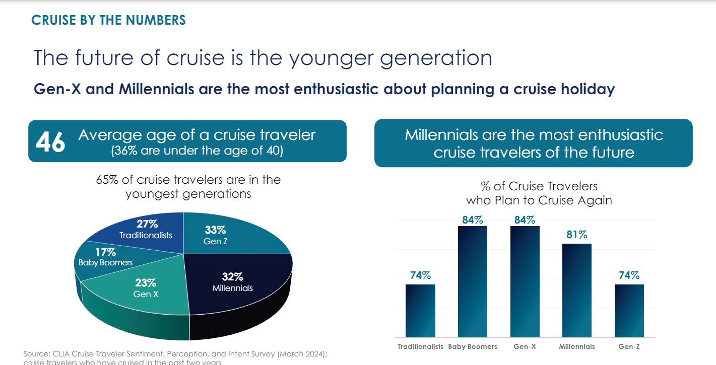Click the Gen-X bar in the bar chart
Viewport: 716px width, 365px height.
[x=525, y=282]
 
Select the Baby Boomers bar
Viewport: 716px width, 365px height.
[x=472, y=282]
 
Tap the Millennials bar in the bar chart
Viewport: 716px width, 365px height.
[x=576, y=290]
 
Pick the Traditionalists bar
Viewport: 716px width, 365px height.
[x=420, y=311]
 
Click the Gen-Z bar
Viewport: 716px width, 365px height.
[x=629, y=311]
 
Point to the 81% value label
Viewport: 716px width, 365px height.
[x=576, y=235]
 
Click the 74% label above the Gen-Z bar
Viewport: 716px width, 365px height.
[x=629, y=275]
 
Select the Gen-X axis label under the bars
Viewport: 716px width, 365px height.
[x=525, y=346]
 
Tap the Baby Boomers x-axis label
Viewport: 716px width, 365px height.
[x=472, y=346]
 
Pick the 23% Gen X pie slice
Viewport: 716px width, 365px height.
[x=146, y=292]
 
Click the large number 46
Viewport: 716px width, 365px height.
[x=50, y=142]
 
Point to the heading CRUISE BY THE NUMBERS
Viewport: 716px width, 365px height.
[x=108, y=20]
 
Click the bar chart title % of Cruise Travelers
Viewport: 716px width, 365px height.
[x=539, y=186]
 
